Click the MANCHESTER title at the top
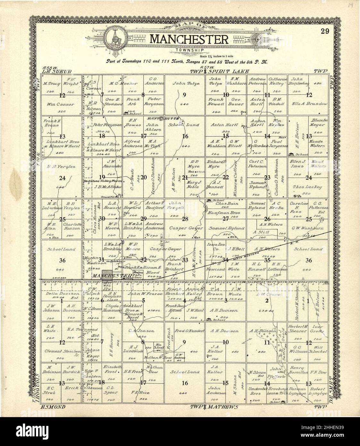click(189, 39)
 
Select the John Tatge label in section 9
click(186, 83)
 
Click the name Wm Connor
click(61, 105)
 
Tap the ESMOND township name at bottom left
click(53, 407)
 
